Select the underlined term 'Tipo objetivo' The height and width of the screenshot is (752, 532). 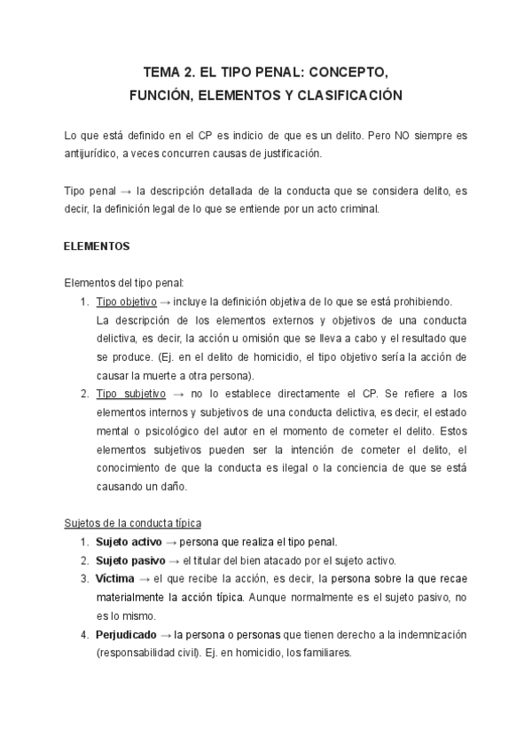tap(126, 302)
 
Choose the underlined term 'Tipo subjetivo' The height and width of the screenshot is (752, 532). tap(129, 394)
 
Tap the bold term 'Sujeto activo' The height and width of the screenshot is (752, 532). tap(130, 542)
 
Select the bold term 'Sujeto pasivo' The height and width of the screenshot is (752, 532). tap(130, 560)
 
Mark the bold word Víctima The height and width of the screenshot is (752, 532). tap(115, 579)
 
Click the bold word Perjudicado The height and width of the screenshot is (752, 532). tap(127, 635)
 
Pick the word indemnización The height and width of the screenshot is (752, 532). tap(430, 635)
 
